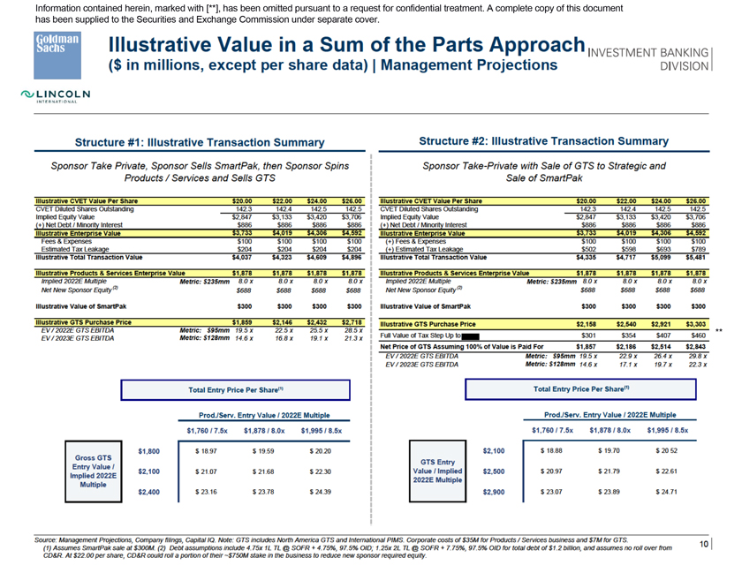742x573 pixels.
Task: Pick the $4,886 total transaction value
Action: [352, 257]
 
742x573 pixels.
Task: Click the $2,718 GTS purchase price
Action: [352, 323]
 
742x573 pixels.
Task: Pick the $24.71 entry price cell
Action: [664, 490]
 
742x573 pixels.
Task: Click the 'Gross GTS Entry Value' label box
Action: [94, 471]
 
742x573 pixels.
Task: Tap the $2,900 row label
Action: [493, 490]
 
